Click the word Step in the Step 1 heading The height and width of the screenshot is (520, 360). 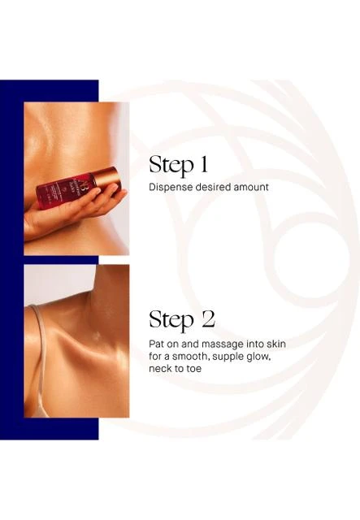click(x=171, y=164)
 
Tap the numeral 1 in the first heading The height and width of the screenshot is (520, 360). click(x=203, y=164)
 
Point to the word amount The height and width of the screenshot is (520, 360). click(x=251, y=188)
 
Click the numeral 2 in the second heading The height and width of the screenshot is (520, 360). click(x=208, y=319)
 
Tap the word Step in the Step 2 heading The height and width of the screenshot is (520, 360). click(x=171, y=319)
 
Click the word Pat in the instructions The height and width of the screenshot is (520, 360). click(x=156, y=344)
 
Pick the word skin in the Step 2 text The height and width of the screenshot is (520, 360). click(x=277, y=344)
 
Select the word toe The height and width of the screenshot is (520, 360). click(x=193, y=369)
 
